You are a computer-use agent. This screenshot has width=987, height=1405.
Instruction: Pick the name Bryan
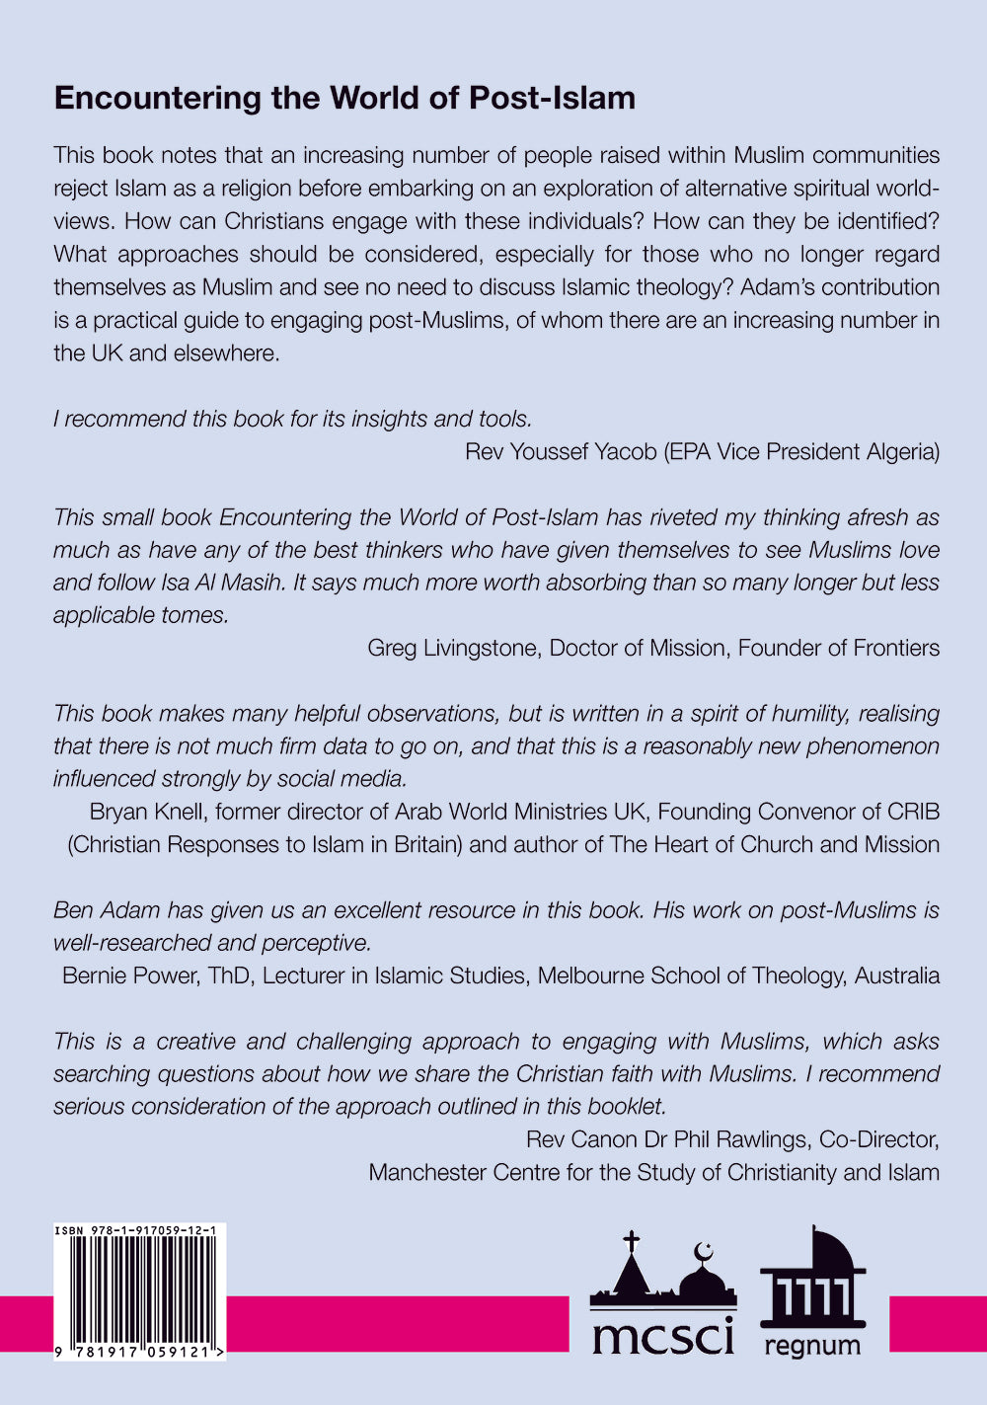point(117,812)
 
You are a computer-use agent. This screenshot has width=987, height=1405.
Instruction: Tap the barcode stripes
point(141,1288)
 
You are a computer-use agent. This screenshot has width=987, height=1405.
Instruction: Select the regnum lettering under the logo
point(811,1345)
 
